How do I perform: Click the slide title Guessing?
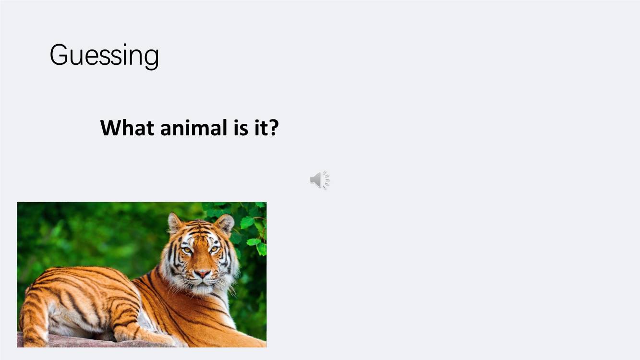[104, 56]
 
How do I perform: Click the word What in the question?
[127, 128]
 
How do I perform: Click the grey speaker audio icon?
[320, 180]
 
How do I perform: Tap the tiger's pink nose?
[202, 274]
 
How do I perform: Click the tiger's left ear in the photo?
[174, 223]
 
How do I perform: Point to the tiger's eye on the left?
[187, 250]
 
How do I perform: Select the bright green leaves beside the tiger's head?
[252, 228]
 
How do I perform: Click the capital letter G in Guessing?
[59, 55]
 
